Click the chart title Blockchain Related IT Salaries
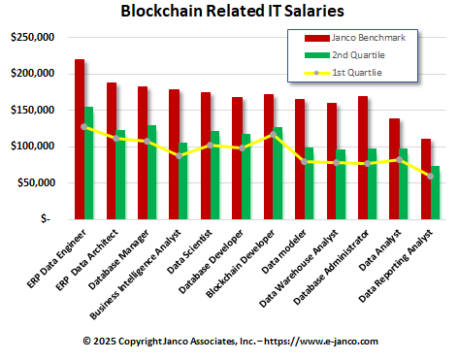[230, 13]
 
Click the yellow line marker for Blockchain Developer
[272, 135]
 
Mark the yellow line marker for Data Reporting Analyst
[430, 177]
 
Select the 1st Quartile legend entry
[350, 72]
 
